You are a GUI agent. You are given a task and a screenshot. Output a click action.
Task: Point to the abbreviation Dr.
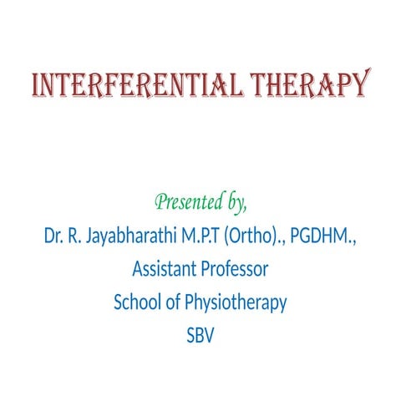click(53, 236)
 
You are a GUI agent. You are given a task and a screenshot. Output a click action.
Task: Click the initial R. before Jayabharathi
click(77, 236)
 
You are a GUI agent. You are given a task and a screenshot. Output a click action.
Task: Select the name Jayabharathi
click(131, 236)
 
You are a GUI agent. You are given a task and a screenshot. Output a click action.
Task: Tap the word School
click(136, 302)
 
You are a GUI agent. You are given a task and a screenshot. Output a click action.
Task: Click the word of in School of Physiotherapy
click(171, 302)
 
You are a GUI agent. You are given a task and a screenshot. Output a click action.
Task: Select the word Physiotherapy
click(235, 303)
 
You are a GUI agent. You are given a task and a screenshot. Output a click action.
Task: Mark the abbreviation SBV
click(201, 336)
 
